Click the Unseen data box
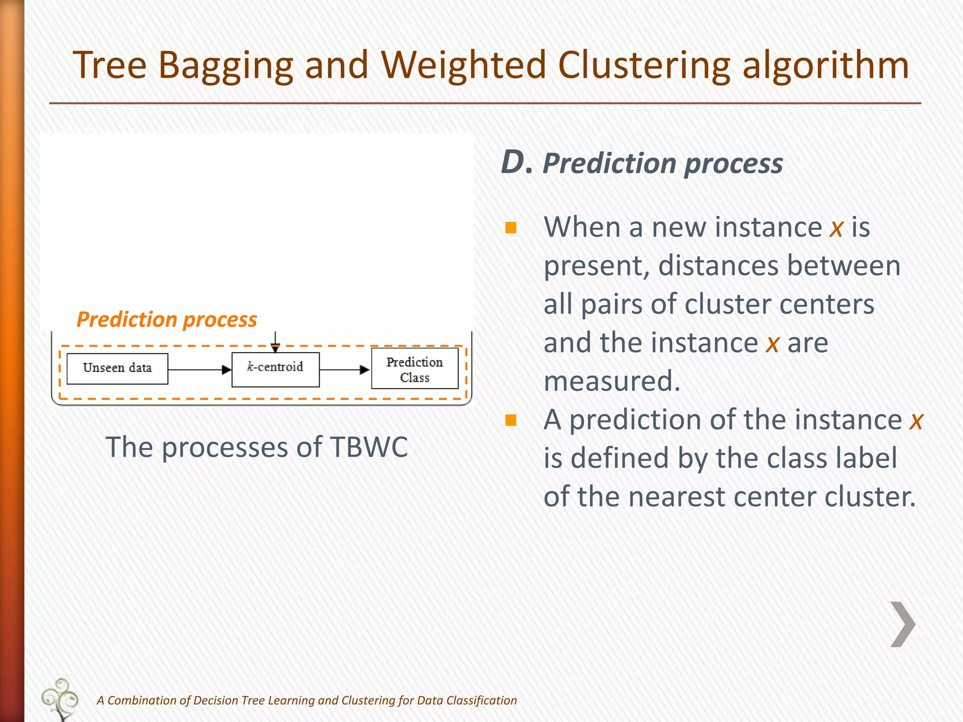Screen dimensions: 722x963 click(x=117, y=369)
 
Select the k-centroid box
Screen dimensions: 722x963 click(x=276, y=369)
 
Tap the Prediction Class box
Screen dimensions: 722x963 click(x=415, y=369)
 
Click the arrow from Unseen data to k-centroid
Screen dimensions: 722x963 click(x=199, y=369)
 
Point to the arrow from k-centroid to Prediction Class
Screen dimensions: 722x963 click(x=344, y=369)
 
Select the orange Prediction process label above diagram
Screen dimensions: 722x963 click(x=167, y=320)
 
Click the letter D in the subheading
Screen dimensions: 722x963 click(x=513, y=163)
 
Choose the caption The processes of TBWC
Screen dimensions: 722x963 click(x=257, y=447)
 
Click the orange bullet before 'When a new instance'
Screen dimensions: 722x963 click(x=511, y=228)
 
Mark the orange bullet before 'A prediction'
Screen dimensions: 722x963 click(x=511, y=420)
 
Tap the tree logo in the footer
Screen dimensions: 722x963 click(x=60, y=699)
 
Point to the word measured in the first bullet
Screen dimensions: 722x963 click(x=612, y=381)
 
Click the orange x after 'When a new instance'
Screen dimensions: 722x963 click(x=836, y=228)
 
